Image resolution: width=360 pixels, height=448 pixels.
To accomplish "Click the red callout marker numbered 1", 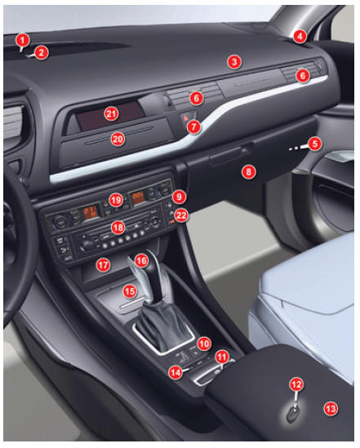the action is click(x=23, y=40).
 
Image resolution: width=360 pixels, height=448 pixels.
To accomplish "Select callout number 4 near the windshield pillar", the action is click(x=300, y=36).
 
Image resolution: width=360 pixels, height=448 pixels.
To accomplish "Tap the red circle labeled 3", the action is click(x=234, y=62).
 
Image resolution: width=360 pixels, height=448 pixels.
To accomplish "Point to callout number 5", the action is click(x=314, y=144).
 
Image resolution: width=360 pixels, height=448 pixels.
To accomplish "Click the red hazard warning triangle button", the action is click(x=185, y=118).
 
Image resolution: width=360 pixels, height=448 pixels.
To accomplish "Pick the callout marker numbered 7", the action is click(x=194, y=126).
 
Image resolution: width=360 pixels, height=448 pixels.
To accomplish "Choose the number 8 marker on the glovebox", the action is click(x=248, y=171).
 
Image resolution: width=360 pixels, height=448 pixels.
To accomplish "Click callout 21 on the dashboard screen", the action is click(x=111, y=114).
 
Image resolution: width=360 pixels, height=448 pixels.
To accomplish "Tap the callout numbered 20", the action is click(x=118, y=140).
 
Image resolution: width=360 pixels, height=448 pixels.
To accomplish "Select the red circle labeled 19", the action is click(x=116, y=200).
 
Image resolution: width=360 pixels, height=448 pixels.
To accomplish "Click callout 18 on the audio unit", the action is click(x=118, y=228).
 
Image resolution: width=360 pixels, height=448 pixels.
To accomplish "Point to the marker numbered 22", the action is click(x=181, y=215).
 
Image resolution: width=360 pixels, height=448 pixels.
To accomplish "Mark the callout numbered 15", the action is click(x=130, y=291).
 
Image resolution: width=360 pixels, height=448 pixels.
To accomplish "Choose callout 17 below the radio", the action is click(x=103, y=265).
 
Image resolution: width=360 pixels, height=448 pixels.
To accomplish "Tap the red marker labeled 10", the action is click(x=204, y=344).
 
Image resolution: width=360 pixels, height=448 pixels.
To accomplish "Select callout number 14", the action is click(x=176, y=372).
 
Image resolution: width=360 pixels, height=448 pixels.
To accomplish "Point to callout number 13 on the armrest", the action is click(x=331, y=409).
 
